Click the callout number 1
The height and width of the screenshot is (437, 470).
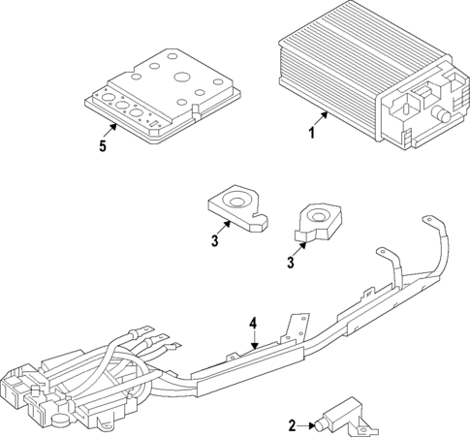(x=311, y=133)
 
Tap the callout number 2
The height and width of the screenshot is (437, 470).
(x=293, y=425)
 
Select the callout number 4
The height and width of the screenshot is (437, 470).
(x=253, y=323)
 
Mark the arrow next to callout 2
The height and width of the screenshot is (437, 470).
(x=307, y=424)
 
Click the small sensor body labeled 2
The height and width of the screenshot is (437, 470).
(x=342, y=414)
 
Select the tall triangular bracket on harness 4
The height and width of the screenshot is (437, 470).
(x=298, y=324)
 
